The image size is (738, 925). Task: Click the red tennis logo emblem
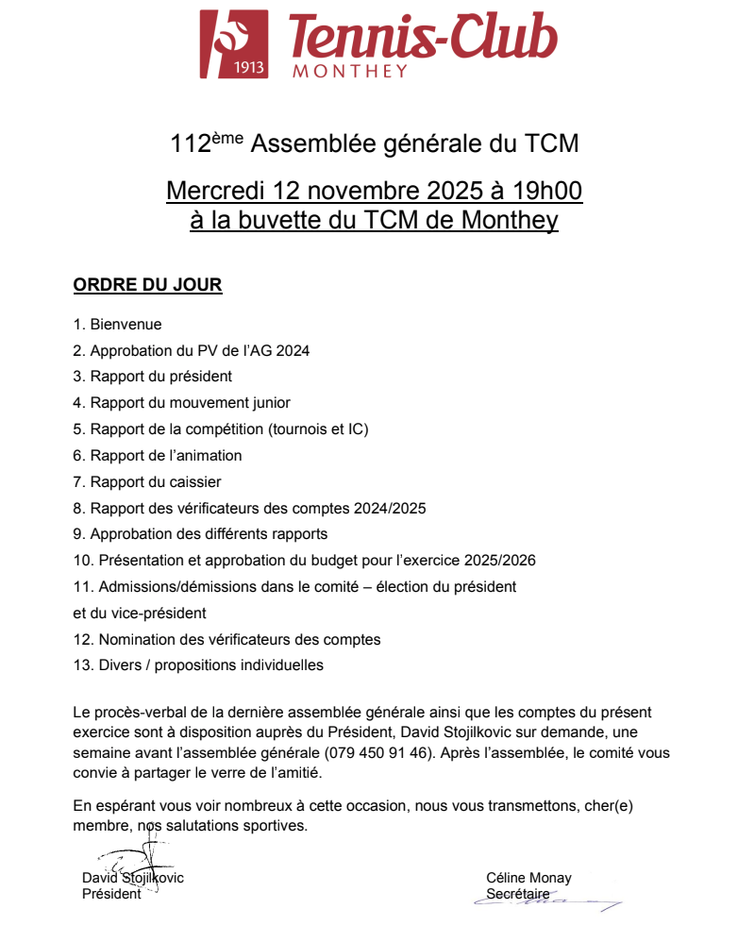[234, 43]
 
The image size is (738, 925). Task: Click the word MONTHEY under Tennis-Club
[350, 70]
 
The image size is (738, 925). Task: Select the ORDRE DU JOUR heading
[147, 285]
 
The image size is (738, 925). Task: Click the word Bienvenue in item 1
[126, 325]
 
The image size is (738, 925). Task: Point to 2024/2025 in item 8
[390, 509]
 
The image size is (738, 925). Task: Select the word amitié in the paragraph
[298, 773]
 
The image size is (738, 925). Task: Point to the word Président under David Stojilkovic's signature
[111, 894]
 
